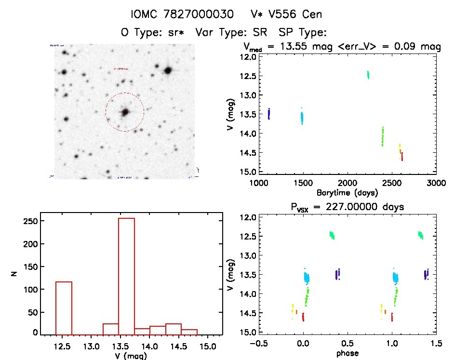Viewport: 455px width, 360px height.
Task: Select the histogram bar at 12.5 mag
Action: pyautogui.click(x=64, y=308)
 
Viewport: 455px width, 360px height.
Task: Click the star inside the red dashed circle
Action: pyautogui.click(x=125, y=112)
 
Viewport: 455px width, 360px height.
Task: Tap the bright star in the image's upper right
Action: pyautogui.click(x=168, y=70)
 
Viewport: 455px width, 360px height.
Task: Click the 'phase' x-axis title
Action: pyautogui.click(x=347, y=353)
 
